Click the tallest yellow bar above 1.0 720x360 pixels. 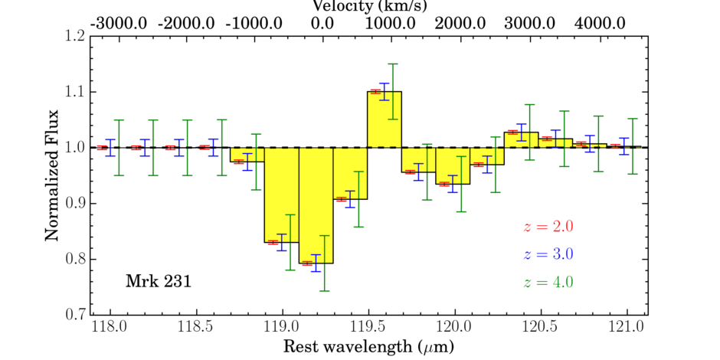385,119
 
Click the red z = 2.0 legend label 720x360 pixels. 548,227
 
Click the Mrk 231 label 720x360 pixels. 158,282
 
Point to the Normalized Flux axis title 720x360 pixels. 52,175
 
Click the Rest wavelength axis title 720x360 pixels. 368,347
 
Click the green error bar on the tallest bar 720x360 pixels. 393,91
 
